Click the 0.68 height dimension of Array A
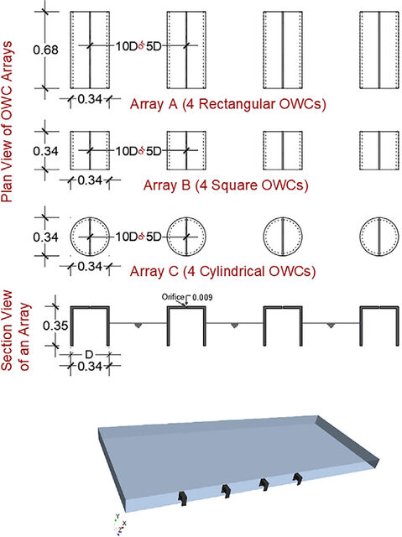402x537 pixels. (45, 50)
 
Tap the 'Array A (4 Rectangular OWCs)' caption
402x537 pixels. (227, 104)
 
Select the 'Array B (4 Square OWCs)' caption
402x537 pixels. (226, 185)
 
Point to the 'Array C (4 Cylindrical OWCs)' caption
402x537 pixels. (222, 272)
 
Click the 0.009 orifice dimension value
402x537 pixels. (202, 297)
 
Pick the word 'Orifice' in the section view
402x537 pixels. (173, 297)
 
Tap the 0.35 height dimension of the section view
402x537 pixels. (55, 326)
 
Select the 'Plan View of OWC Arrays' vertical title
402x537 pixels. (8, 122)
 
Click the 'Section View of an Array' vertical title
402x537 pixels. (16, 331)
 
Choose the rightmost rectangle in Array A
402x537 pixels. (379, 50)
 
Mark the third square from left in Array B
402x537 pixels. (283, 151)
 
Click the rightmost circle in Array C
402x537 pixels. (379, 237)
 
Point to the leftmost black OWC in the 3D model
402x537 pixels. (182, 498)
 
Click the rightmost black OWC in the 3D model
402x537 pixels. (298, 478)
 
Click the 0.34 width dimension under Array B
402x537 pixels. (90, 180)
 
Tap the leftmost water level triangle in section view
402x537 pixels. (138, 326)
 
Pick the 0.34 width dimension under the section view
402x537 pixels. (90, 366)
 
